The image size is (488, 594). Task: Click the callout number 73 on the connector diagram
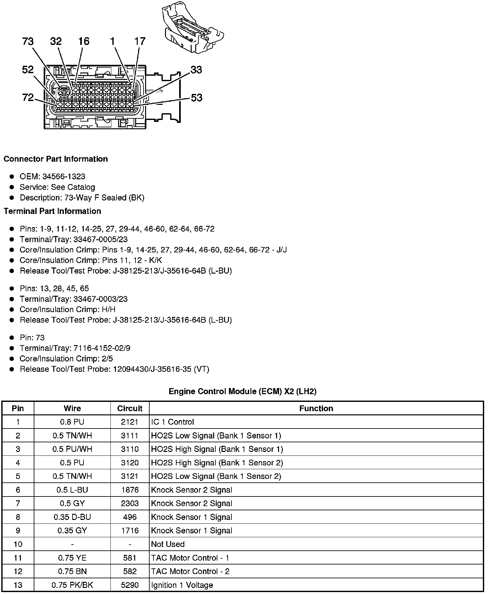28,41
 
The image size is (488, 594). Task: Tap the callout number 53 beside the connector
196,98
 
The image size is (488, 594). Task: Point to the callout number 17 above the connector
140,41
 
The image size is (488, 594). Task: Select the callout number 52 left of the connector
28,69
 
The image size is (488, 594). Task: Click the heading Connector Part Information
56,159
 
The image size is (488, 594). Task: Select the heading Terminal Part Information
52,211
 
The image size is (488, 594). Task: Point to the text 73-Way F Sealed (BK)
104,198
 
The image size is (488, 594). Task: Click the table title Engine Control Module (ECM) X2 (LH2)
242,391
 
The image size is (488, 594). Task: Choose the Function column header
316,408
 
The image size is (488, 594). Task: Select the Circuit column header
130,408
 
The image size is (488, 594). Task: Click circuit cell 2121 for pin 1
130,422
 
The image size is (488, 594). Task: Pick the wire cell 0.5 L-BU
72,490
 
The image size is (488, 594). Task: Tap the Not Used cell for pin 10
168,544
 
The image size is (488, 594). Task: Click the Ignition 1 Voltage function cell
182,585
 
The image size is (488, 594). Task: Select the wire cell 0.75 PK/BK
72,585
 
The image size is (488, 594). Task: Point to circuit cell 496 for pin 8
130,517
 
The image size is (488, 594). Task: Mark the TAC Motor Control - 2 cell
190,571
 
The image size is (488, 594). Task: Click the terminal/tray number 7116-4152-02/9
102,348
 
